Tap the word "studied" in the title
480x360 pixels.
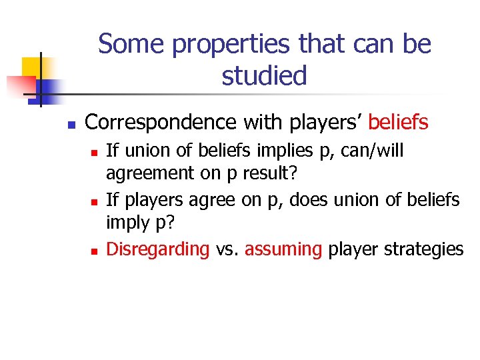[265, 75]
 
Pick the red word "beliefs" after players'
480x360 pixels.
[398, 122]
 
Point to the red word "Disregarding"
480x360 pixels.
[158, 249]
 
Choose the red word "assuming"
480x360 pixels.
[283, 249]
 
